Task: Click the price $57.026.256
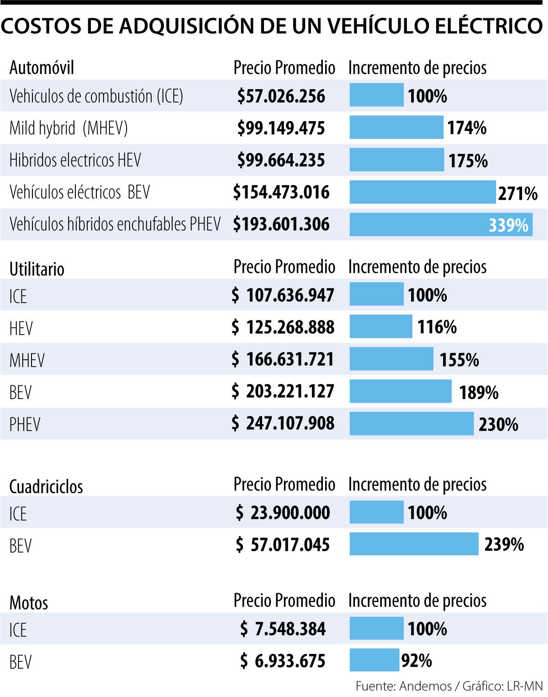click(x=281, y=96)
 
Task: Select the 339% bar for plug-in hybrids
click(x=441, y=224)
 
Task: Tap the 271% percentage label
click(x=517, y=193)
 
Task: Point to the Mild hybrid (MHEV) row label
click(x=68, y=128)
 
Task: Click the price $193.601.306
click(x=281, y=224)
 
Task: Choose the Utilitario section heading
click(x=37, y=269)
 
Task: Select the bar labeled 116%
click(x=381, y=326)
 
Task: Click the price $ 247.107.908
click(x=283, y=423)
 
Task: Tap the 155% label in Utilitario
click(x=459, y=360)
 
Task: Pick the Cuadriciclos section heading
click(x=46, y=486)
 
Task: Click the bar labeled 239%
click(x=414, y=544)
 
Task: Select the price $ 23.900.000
click(x=283, y=512)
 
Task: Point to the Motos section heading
click(x=29, y=602)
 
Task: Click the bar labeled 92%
click(x=374, y=660)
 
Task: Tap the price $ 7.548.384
click(x=283, y=629)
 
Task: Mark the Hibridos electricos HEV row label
click(x=75, y=160)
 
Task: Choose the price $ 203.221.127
click(x=283, y=391)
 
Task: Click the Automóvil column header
click(x=42, y=68)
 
